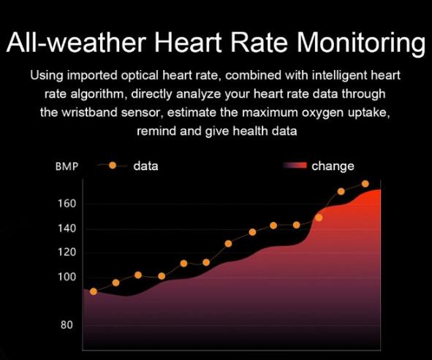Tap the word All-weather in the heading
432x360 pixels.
[x=76, y=42]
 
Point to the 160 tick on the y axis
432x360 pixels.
[x=67, y=204]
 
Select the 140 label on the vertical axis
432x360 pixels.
[x=67, y=228]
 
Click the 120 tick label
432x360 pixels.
[x=67, y=252]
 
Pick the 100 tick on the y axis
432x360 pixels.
[x=67, y=277]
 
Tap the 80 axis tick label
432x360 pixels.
[x=67, y=325]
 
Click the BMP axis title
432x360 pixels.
[x=67, y=166]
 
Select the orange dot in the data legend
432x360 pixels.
[x=113, y=166]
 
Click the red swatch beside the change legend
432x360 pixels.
[x=295, y=165]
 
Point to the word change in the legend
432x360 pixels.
[x=333, y=166]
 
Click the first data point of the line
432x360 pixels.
[x=94, y=291]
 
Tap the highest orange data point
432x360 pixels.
[x=365, y=183]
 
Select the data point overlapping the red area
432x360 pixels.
[x=319, y=218]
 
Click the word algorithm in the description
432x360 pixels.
[x=99, y=94]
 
